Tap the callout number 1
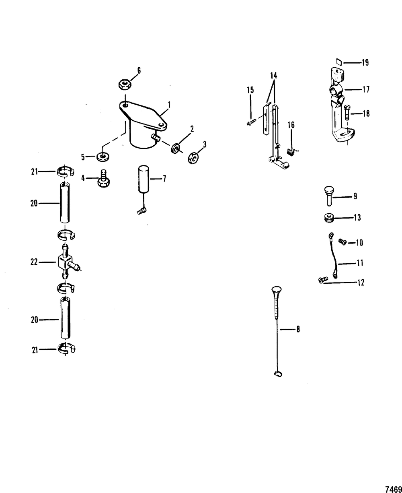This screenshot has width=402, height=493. coord(169,105)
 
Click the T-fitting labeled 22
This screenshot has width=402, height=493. coord(68,262)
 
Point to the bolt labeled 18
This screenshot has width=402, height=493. coord(347,112)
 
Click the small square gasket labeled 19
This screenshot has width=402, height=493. coord(339,62)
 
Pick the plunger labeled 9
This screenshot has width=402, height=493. coord(329,196)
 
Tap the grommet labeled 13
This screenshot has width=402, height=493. coord(329,218)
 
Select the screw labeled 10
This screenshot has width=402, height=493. coord(343,242)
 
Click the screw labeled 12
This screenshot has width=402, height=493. coord(323,280)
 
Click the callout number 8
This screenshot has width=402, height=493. coord(298,330)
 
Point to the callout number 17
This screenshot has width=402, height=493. coord(366,89)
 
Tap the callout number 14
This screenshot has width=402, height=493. coord(274,76)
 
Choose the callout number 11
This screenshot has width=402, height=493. coord(360,263)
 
